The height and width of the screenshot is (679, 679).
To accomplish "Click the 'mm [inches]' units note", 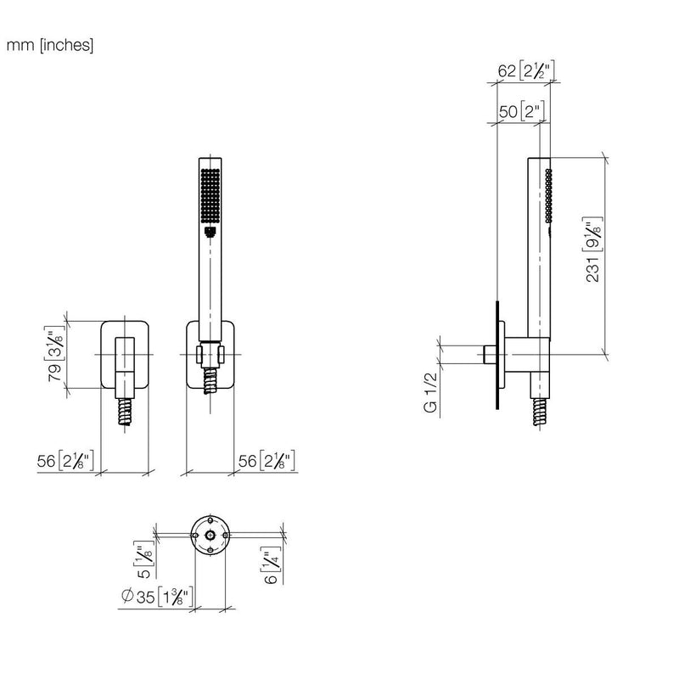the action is point(50,45).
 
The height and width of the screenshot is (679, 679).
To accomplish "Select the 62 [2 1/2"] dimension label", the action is point(526,70).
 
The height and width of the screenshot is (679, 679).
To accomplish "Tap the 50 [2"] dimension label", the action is point(521,111).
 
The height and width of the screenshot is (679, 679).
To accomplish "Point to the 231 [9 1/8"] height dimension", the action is point(593,250).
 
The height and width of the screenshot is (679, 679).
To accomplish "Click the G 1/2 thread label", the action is point(431,392).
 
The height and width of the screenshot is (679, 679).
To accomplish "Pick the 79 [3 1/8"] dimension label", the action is point(56,353).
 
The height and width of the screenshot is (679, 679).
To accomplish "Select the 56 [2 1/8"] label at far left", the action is point(65,461).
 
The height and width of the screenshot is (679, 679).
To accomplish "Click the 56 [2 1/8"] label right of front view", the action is point(267,461).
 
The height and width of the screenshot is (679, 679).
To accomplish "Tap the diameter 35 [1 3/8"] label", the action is point(157,597).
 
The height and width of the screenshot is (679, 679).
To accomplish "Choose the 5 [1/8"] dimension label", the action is point(143,559).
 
